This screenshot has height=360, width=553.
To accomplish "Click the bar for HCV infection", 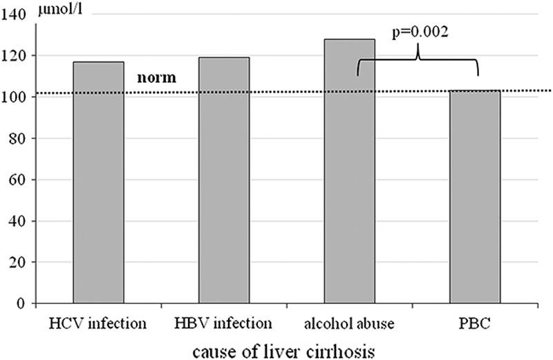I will pos(97,183).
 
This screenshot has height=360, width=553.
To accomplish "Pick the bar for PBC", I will pos(475,197).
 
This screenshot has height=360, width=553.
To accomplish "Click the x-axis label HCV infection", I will pos(98,324).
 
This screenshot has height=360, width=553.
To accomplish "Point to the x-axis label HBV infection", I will pos(223,324).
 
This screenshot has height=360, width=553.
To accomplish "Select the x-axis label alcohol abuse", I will pos(349,324).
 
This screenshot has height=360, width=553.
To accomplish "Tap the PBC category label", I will pos(475,324).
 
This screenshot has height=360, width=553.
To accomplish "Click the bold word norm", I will pos(158,78).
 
